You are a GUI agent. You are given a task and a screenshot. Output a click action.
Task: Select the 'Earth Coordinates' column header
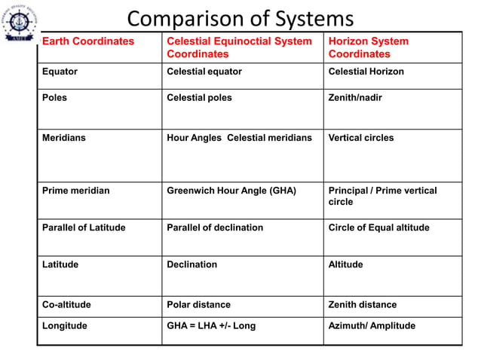pyautogui.click(x=88, y=41)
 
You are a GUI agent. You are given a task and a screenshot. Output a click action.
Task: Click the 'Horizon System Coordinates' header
pyautogui.click(x=369, y=47)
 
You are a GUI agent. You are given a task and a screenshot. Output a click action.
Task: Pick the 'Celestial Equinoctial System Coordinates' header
pyautogui.click(x=238, y=47)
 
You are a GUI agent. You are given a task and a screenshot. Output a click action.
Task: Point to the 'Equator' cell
pyautogui.click(x=60, y=72)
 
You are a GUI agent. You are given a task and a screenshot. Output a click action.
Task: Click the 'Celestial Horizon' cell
pyautogui.click(x=366, y=72)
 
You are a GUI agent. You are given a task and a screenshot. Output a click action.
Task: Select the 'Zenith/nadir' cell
pyautogui.click(x=355, y=98)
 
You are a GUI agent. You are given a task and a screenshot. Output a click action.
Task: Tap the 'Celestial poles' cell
pyautogui.click(x=199, y=98)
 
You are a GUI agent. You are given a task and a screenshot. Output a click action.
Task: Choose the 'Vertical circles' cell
pyautogui.click(x=360, y=138)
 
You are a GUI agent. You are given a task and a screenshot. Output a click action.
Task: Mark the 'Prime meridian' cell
pyautogui.click(x=75, y=191)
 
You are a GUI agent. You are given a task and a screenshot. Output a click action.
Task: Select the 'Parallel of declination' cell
pyautogui.click(x=215, y=227)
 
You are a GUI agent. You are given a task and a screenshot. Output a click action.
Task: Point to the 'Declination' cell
pyautogui.click(x=191, y=264)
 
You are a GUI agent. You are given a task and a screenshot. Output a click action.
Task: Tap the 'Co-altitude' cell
pyautogui.click(x=66, y=304)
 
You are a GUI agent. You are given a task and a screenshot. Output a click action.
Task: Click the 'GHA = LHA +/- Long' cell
pyautogui.click(x=211, y=326)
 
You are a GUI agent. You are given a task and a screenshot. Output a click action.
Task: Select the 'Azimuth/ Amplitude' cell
pyautogui.click(x=372, y=326)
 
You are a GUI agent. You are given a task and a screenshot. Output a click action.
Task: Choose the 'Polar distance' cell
pyautogui.click(x=198, y=304)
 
